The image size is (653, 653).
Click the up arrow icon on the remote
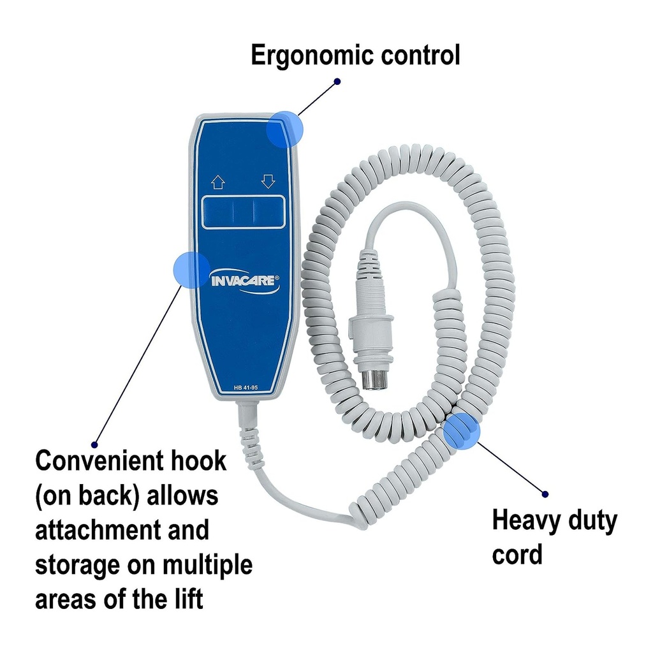pyautogui.click(x=218, y=182)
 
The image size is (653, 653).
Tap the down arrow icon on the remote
pyautogui.click(x=268, y=182)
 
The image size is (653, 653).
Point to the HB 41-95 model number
pyautogui.click(x=246, y=388)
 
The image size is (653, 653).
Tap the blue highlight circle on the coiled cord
pyautogui.click(x=462, y=431)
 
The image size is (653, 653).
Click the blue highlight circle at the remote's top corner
pyautogui.click(x=285, y=129)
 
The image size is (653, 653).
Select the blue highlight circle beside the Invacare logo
pyautogui.click(x=191, y=270)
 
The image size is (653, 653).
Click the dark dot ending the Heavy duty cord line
pyautogui.click(x=545, y=494)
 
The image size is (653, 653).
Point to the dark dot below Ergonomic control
pyautogui.click(x=337, y=81)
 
